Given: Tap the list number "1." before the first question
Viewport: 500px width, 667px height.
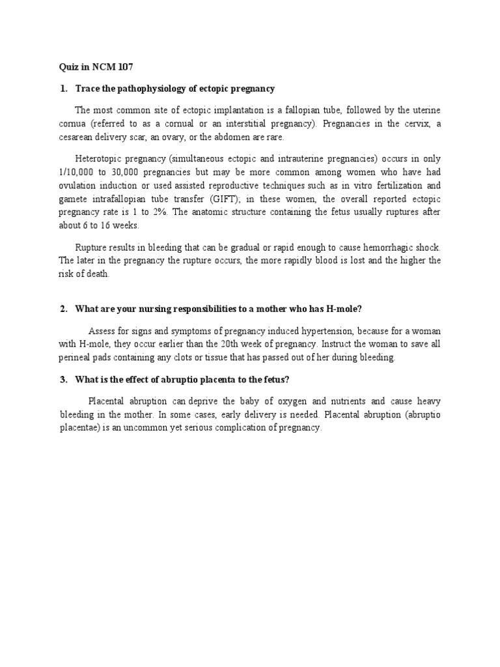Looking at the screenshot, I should (x=64, y=89).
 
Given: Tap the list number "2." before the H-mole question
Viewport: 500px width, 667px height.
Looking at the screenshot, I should (x=64, y=309).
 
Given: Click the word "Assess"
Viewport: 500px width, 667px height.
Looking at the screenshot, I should (x=102, y=330).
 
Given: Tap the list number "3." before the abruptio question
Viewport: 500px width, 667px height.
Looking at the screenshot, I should (x=64, y=380).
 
